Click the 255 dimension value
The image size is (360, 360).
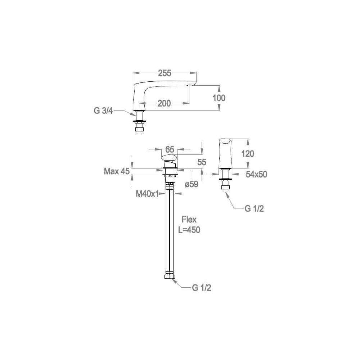(x=165, y=73)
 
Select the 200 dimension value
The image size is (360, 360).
(x=164, y=104)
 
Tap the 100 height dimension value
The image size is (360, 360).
(x=219, y=98)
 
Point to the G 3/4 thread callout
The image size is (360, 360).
(x=103, y=111)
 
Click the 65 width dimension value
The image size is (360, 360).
(x=170, y=149)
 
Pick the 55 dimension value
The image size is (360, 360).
(x=202, y=162)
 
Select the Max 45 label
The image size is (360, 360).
(x=117, y=171)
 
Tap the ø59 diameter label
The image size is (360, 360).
(x=192, y=184)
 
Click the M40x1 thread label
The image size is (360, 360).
(x=147, y=194)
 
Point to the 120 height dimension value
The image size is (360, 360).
(x=248, y=154)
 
